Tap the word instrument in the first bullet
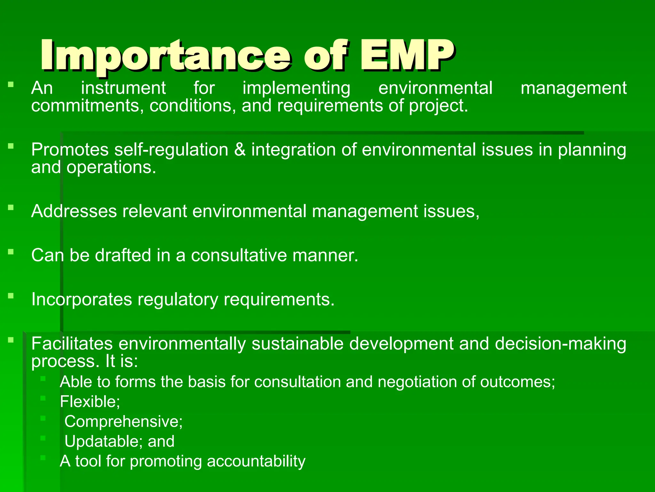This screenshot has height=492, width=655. point(123,88)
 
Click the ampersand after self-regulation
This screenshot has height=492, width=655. point(240,150)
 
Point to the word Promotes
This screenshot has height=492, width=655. point(70,150)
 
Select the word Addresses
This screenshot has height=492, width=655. point(74,211)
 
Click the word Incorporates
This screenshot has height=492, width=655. point(82,299)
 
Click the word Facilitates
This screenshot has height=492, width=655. point(72,343)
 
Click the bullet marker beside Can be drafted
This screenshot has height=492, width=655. point(11,252)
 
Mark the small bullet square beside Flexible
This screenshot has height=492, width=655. point(43,398)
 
